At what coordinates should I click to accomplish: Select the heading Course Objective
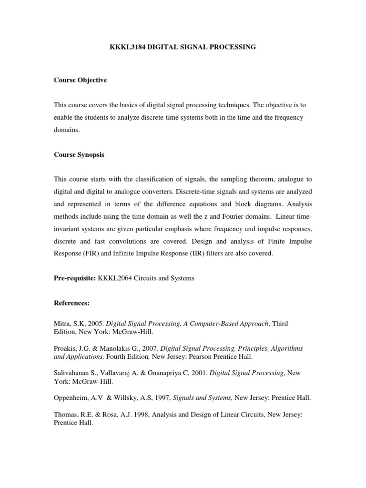coord(81,80)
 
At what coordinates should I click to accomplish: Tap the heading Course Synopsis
coord(79,154)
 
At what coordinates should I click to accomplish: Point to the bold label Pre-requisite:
coord(75,278)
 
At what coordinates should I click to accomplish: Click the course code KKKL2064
coord(115,278)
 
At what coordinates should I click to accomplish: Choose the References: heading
coord(71,303)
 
